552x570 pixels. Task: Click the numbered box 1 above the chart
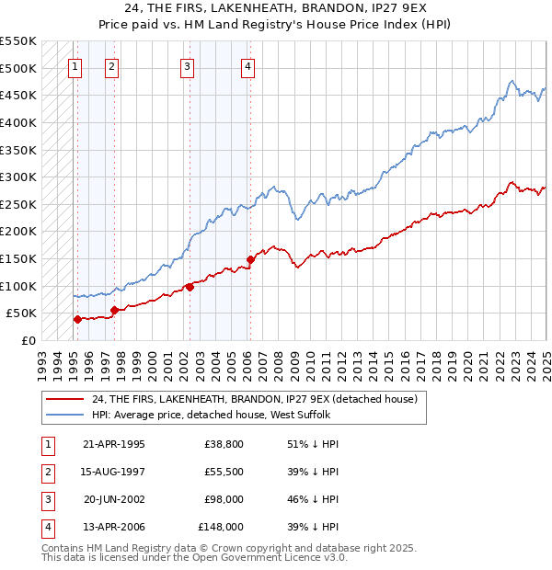[74, 65]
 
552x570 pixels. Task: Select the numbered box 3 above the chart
[187, 65]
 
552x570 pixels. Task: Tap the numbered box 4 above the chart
[248, 65]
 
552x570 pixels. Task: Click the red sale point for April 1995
[77, 319]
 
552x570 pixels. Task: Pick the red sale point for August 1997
[114, 310]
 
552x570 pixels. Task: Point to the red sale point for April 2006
[250, 259]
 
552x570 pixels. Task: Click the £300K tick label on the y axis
[18, 177]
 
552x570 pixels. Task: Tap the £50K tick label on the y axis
[21, 313]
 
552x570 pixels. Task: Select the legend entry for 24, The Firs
[255, 399]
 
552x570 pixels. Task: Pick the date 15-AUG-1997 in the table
[113, 472]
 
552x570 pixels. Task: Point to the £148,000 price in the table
[221, 527]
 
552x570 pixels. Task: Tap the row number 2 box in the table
[45, 472]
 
